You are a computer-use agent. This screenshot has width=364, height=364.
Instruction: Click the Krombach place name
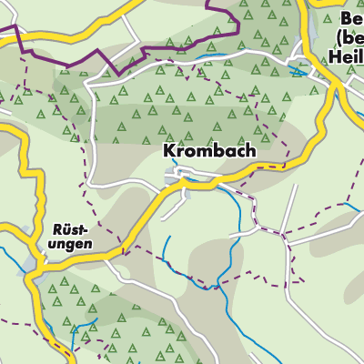point(210,150)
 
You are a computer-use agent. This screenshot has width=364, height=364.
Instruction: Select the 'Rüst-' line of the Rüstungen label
point(71,232)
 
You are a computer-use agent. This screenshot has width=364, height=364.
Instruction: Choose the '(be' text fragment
point(349,37)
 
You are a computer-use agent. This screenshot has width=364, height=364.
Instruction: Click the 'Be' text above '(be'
point(351,18)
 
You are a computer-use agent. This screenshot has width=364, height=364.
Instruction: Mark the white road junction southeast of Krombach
point(285,234)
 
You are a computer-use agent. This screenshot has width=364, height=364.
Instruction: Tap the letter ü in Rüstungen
point(62,232)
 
